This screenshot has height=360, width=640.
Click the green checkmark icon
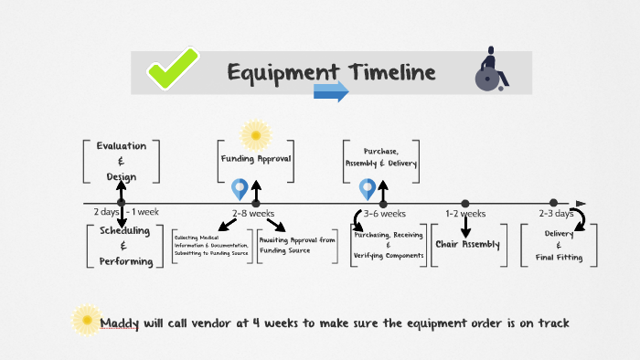point(174,69)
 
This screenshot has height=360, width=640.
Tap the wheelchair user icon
point(489,70)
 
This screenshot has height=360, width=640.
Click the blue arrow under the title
point(331,91)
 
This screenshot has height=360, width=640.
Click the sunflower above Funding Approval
point(255,135)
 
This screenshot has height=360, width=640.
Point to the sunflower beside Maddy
point(86,319)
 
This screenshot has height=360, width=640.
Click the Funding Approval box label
point(256,158)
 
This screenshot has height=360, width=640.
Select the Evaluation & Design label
point(121,161)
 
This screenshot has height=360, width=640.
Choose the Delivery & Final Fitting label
point(559,246)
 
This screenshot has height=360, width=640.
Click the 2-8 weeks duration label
point(253,213)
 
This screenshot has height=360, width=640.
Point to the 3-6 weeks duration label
point(384,213)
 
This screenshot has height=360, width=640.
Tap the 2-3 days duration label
point(555,213)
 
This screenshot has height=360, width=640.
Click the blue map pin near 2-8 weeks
point(240,188)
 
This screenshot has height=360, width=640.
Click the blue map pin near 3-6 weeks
point(368,188)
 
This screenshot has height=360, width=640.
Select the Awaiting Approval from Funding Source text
point(298,245)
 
